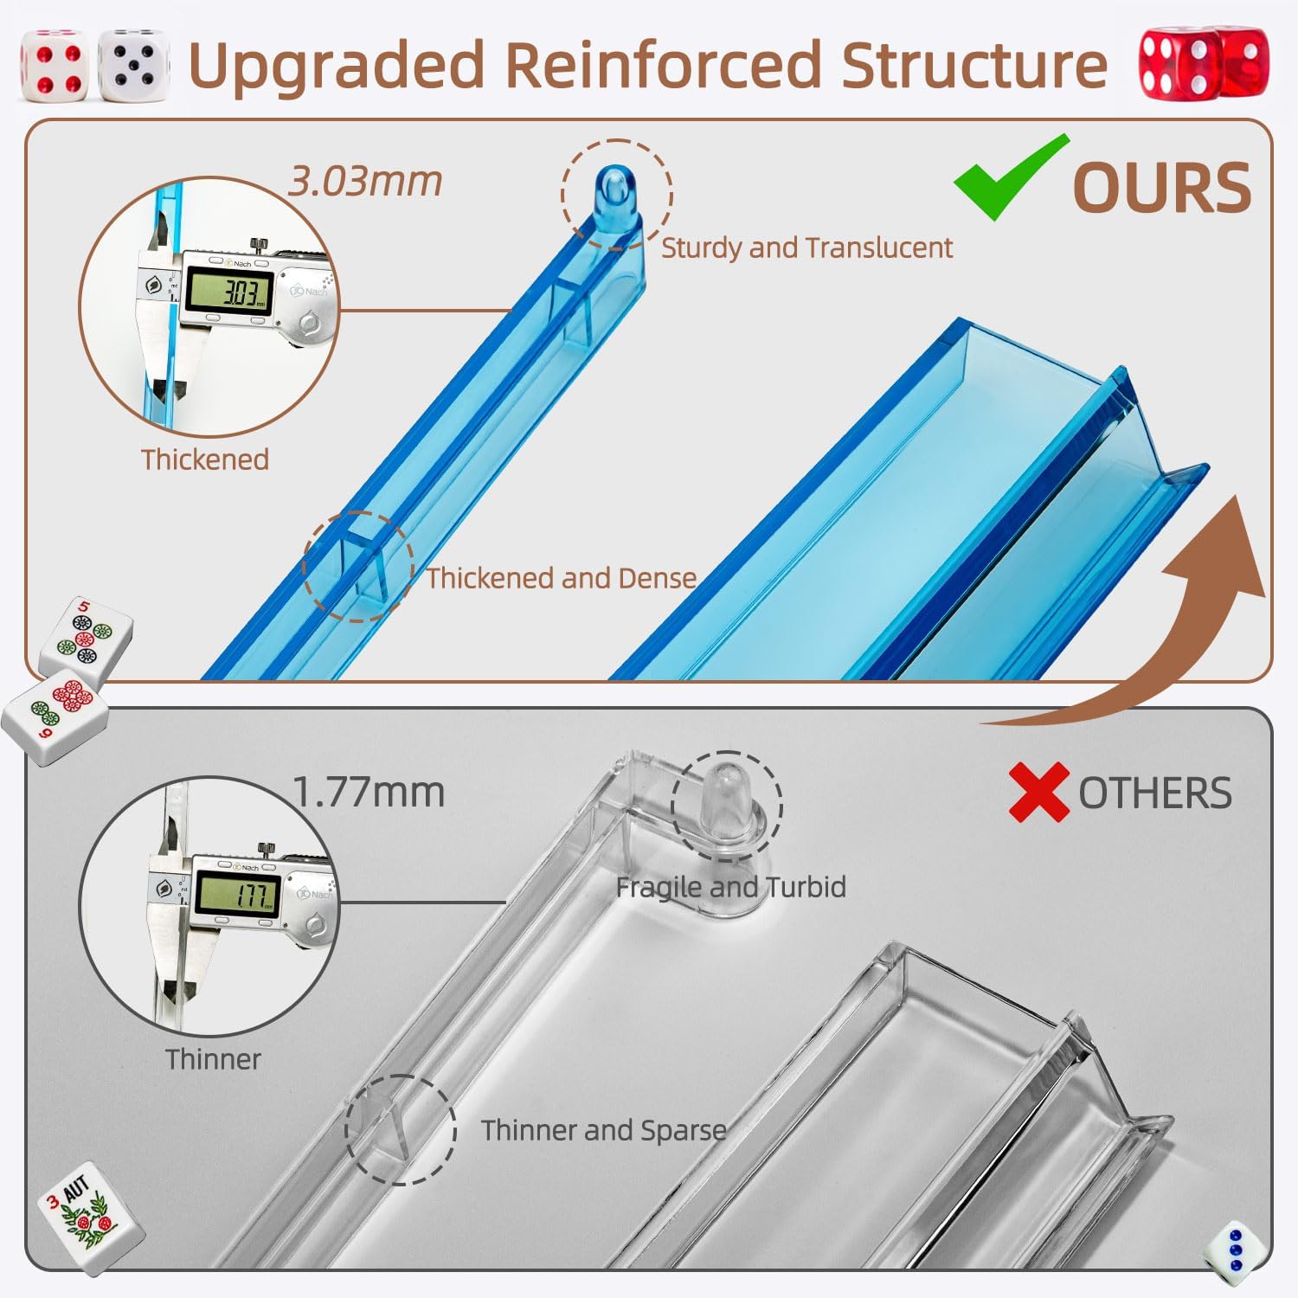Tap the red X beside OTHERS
[x=1039, y=793]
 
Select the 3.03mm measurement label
[x=365, y=182]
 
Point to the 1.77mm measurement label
[x=369, y=792]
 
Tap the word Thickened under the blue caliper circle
[x=205, y=459]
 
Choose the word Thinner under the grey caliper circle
[x=213, y=1059]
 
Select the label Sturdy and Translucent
[x=806, y=248]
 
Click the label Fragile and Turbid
[x=731, y=887]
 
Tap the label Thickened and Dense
[x=562, y=578]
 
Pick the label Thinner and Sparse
[x=604, y=1130]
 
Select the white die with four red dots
[x=54, y=65]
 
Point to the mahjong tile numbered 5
[x=87, y=639]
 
